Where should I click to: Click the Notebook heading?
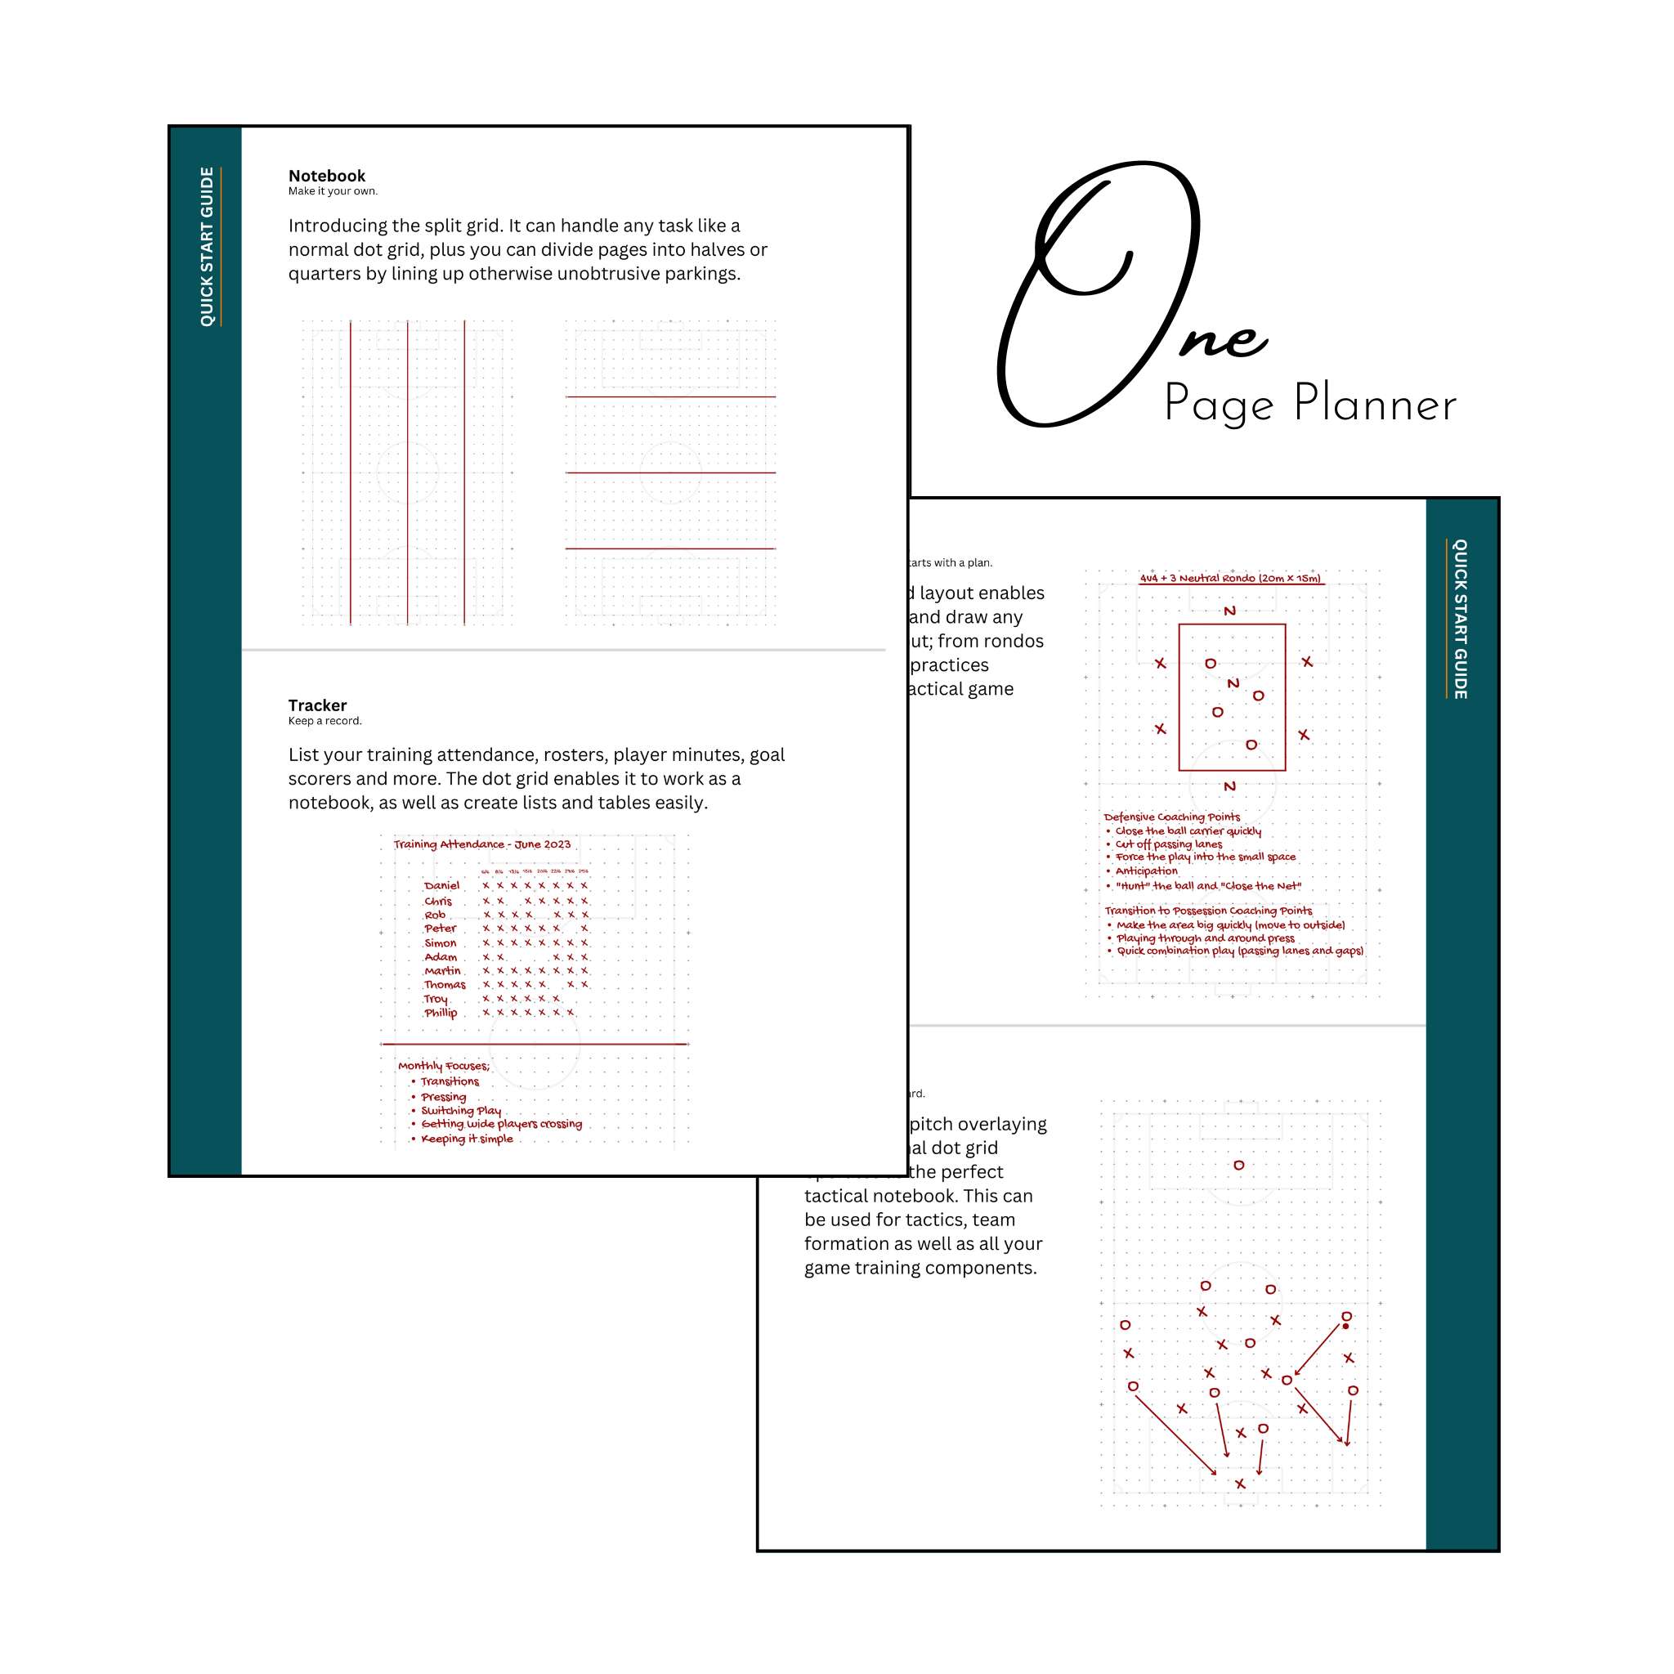pos(327,176)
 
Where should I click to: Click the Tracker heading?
pos(317,705)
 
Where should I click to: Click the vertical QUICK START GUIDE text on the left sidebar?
pos(207,247)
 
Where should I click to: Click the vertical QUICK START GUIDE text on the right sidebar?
pos(1460,619)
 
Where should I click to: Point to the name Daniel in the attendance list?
pos(442,885)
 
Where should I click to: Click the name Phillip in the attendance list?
pos(441,1013)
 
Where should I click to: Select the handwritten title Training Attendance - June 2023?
pos(481,844)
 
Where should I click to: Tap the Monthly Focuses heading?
pos(444,1066)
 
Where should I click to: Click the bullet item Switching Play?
pos(461,1111)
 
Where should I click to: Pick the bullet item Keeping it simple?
pos(467,1139)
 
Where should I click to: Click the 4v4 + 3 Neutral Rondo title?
pos(1230,578)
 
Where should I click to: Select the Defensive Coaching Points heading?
pos(1171,817)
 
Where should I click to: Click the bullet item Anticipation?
pos(1146,871)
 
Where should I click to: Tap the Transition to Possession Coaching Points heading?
pos(1208,911)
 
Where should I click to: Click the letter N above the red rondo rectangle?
pos(1229,611)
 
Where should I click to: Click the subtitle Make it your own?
pos(333,191)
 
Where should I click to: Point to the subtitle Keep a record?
pos(325,721)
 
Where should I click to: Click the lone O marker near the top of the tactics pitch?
pos(1239,1166)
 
